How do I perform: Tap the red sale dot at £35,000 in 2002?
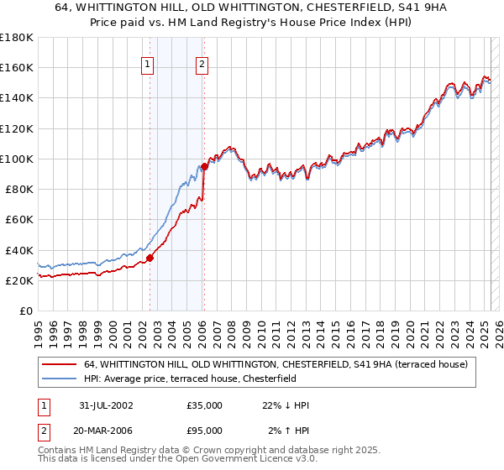pyautogui.click(x=150, y=258)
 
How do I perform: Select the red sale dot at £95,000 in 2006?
pyautogui.click(x=204, y=166)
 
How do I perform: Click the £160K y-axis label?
pyautogui.click(x=17, y=67)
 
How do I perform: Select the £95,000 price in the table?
pyautogui.click(x=204, y=431)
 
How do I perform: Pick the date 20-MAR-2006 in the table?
pyautogui.click(x=105, y=431)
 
